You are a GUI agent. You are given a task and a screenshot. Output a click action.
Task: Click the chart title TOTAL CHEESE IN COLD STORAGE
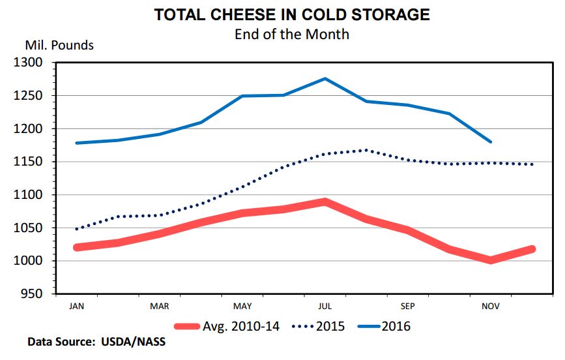(291, 14)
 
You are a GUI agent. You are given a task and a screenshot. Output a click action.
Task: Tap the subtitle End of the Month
(291, 34)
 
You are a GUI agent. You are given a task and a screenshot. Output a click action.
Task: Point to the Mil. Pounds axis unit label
(59, 46)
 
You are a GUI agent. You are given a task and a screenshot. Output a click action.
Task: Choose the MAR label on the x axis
(160, 305)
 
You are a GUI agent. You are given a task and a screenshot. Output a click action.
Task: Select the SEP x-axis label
(407, 305)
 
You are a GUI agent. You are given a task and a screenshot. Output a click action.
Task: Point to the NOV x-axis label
(490, 305)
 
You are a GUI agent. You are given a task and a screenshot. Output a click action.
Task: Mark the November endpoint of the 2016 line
(490, 142)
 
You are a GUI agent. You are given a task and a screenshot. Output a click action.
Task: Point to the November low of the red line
(490, 260)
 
